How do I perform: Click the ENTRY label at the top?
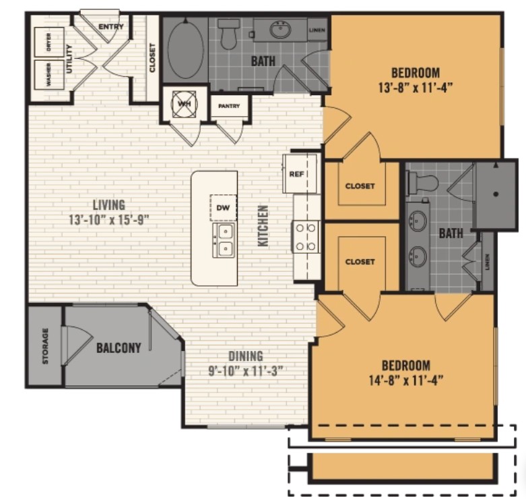pyautogui.click(x=111, y=26)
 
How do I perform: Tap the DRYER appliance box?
pyautogui.click(x=48, y=43)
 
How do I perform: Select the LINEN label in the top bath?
pyautogui.click(x=317, y=30)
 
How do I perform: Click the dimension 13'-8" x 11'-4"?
pyautogui.click(x=416, y=86)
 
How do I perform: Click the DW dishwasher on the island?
pyautogui.click(x=223, y=208)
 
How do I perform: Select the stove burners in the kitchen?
pyautogui.click(x=306, y=236)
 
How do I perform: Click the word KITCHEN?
pyautogui.click(x=263, y=225)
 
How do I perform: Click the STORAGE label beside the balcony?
pyautogui.click(x=46, y=345)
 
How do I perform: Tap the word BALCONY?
pyautogui.click(x=119, y=348)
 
